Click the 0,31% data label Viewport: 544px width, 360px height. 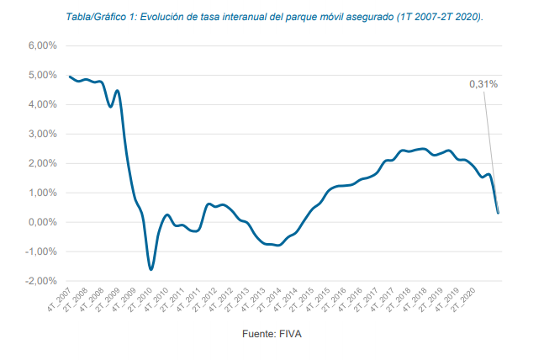(483, 84)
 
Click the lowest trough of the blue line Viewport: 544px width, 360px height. (151, 269)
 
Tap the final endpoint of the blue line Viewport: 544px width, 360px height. (498, 213)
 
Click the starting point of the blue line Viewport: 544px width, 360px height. (70, 77)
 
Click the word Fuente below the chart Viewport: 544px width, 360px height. (262, 334)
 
